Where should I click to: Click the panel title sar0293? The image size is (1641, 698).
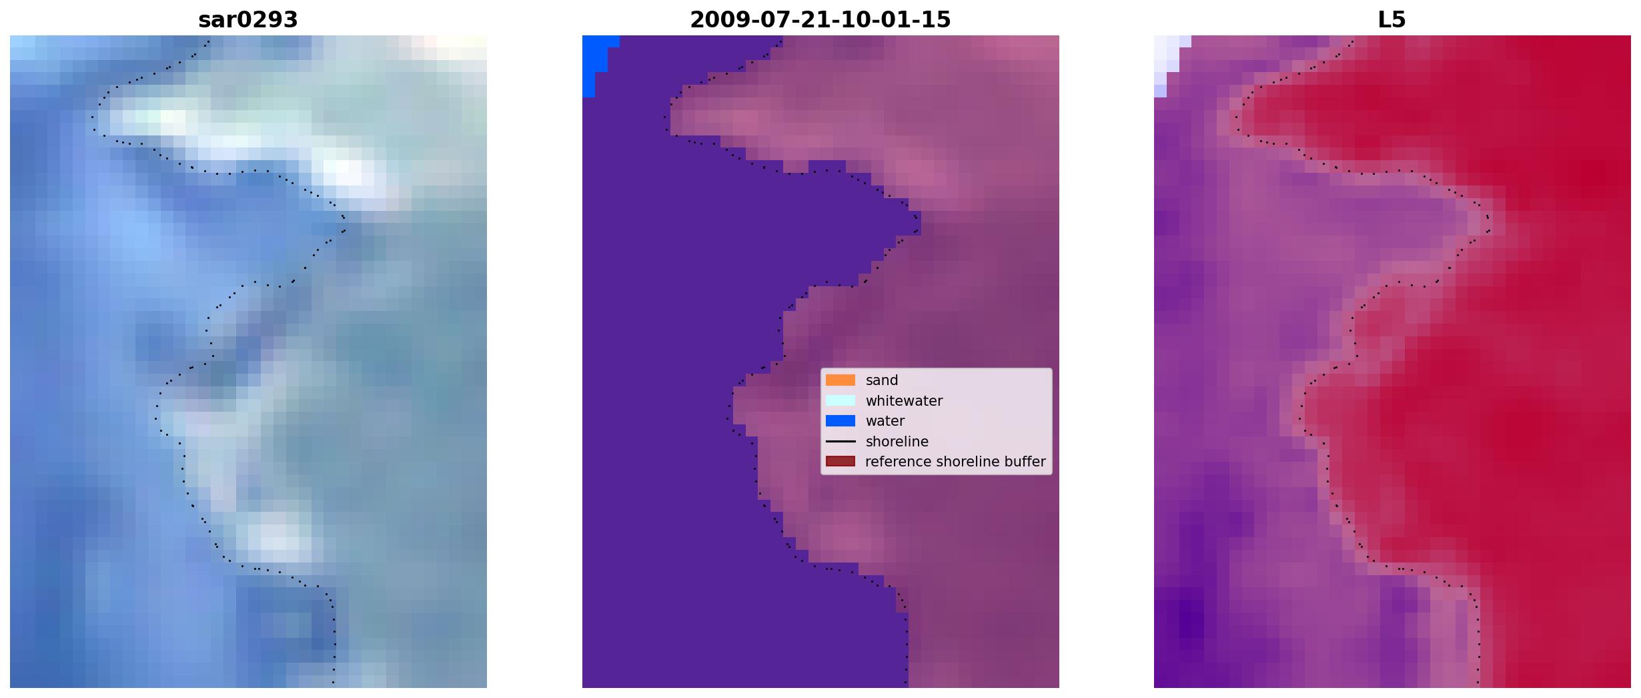(x=248, y=20)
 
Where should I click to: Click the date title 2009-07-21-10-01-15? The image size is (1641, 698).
(x=820, y=20)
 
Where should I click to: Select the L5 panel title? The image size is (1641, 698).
(x=1392, y=20)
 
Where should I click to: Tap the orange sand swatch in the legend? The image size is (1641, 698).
(x=841, y=380)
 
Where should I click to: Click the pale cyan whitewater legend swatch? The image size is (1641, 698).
(x=841, y=400)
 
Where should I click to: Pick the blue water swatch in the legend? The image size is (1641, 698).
(x=841, y=421)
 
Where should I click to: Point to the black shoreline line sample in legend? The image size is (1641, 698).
(x=841, y=442)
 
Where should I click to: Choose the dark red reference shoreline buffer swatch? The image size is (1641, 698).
(x=841, y=462)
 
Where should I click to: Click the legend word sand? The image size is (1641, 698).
(x=882, y=380)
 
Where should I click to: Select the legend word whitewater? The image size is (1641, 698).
(x=904, y=401)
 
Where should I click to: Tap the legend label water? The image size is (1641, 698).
(x=885, y=421)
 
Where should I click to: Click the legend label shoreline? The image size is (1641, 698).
(x=897, y=442)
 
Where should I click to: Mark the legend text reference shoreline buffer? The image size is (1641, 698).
(x=955, y=462)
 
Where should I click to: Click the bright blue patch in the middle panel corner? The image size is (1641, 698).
(x=594, y=64)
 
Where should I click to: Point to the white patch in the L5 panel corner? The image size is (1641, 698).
(x=1166, y=63)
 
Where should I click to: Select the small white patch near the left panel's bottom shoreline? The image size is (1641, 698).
(x=273, y=538)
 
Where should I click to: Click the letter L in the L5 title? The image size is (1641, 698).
(x=1384, y=20)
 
